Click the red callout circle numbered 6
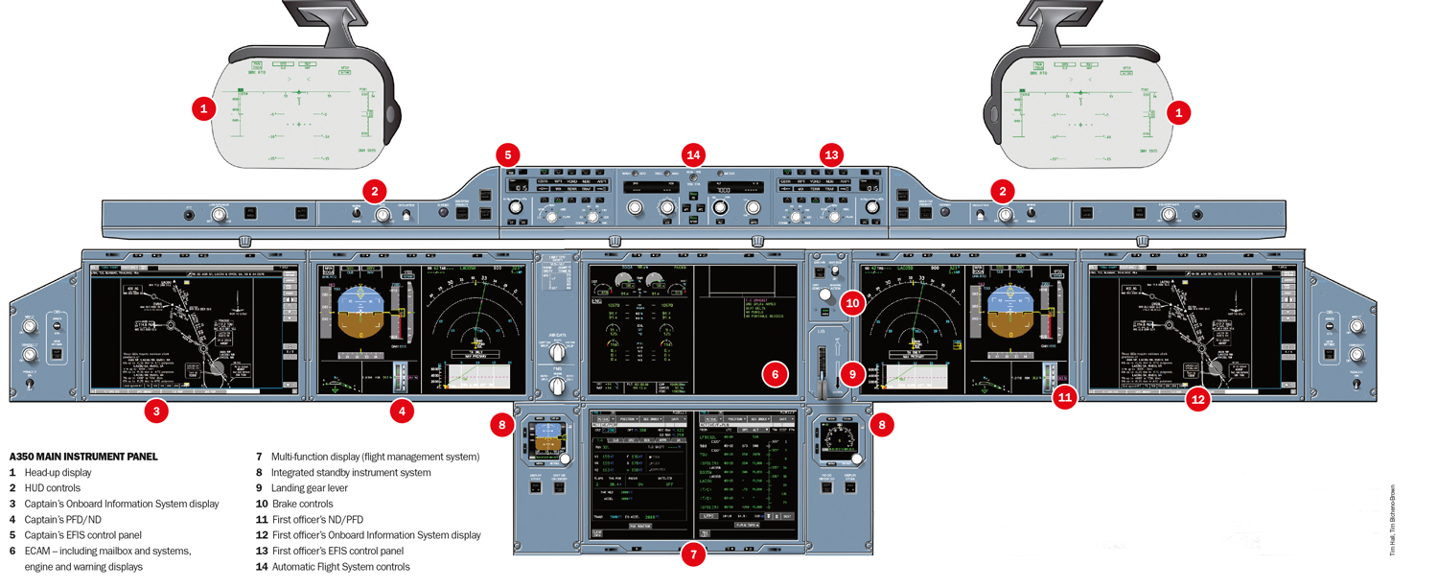(x=776, y=375)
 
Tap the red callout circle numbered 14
(x=693, y=154)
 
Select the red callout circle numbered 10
(x=853, y=304)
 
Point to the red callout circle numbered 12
(x=1197, y=400)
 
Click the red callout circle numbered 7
(x=693, y=554)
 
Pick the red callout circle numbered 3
(x=156, y=412)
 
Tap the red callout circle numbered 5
(x=508, y=154)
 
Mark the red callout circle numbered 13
(x=831, y=154)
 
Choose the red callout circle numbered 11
(x=1064, y=397)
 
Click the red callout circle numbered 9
(x=853, y=373)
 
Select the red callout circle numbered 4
(x=402, y=412)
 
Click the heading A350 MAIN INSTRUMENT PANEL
(x=83, y=457)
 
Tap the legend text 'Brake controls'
(x=302, y=504)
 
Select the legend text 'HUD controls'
(x=53, y=488)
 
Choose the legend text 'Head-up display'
(x=58, y=473)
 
